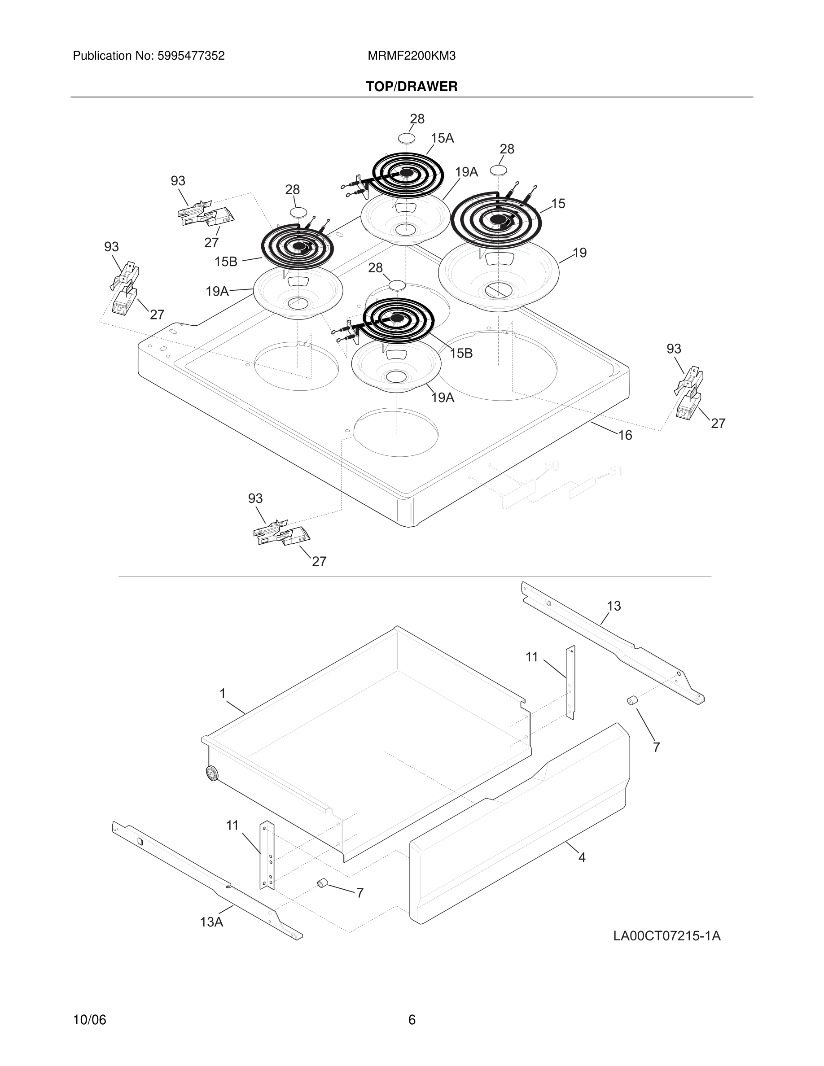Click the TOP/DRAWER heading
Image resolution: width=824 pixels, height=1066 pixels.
pyautogui.click(x=412, y=87)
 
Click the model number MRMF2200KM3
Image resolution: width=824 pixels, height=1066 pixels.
pyautogui.click(x=412, y=56)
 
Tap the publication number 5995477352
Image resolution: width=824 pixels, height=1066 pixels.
pyautogui.click(x=190, y=56)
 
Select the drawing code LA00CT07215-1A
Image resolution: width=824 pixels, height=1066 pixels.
pyautogui.click(x=667, y=936)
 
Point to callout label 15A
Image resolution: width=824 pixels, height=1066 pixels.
pyautogui.click(x=442, y=139)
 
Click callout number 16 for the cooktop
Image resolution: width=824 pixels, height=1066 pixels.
pyautogui.click(x=625, y=435)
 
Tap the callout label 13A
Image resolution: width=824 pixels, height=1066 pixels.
pyautogui.click(x=211, y=922)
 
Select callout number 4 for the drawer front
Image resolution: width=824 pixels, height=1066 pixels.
pyautogui.click(x=582, y=857)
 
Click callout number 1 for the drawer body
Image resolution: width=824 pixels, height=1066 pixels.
pyautogui.click(x=223, y=694)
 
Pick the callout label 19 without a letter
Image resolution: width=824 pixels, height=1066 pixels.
pyautogui.click(x=579, y=253)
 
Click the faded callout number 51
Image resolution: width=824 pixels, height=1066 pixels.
pyautogui.click(x=616, y=472)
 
